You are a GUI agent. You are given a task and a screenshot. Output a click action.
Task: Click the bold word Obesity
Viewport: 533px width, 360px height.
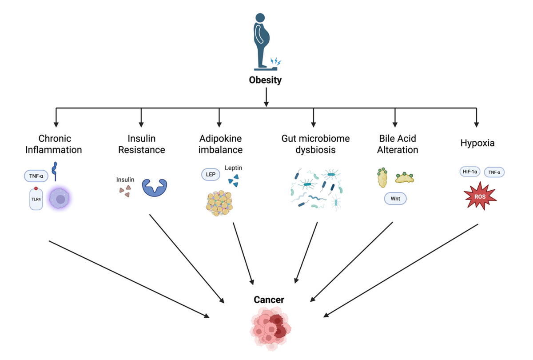tap(266, 80)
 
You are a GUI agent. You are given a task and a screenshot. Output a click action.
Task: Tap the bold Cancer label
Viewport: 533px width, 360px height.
tap(269, 300)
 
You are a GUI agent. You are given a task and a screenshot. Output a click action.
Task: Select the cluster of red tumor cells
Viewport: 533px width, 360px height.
tap(269, 328)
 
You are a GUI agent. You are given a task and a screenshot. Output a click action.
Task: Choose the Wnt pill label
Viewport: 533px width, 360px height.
tap(395, 199)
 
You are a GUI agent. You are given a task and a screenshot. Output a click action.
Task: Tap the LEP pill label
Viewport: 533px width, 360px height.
tap(211, 175)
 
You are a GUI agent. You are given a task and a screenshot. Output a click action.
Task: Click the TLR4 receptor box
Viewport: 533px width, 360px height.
tap(36, 199)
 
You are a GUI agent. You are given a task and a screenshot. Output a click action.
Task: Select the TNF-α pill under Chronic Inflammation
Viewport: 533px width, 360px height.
tap(36, 176)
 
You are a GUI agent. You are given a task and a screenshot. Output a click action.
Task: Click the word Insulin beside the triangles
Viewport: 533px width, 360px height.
tap(125, 180)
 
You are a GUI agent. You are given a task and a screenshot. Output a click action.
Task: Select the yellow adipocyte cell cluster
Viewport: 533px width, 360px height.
tap(219, 203)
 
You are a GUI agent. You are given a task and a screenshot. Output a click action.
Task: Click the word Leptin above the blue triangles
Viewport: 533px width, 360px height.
tap(233, 168)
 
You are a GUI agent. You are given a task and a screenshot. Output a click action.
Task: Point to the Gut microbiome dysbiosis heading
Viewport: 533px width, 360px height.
tap(315, 144)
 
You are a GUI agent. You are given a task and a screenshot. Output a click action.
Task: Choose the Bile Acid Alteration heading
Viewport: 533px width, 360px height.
tap(398, 144)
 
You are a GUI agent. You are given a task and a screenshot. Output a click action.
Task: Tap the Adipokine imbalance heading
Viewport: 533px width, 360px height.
tap(221, 144)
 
